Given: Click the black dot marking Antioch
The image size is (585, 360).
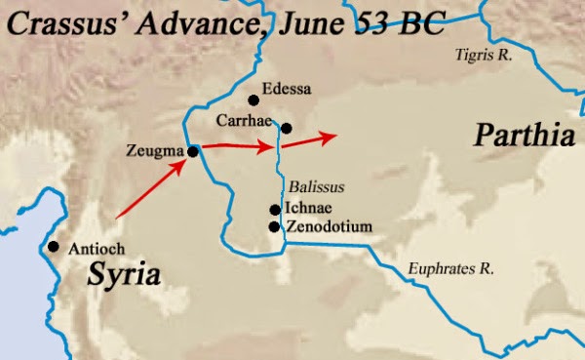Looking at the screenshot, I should point(53,248).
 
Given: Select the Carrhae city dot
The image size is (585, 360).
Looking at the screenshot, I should point(287,128).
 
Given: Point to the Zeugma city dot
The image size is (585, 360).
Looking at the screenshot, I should point(193,151).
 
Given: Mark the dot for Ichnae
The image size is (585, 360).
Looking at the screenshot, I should point(275,210).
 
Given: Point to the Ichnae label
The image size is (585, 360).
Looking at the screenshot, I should point(305,209).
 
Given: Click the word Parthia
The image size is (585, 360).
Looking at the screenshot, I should point(524,136).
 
